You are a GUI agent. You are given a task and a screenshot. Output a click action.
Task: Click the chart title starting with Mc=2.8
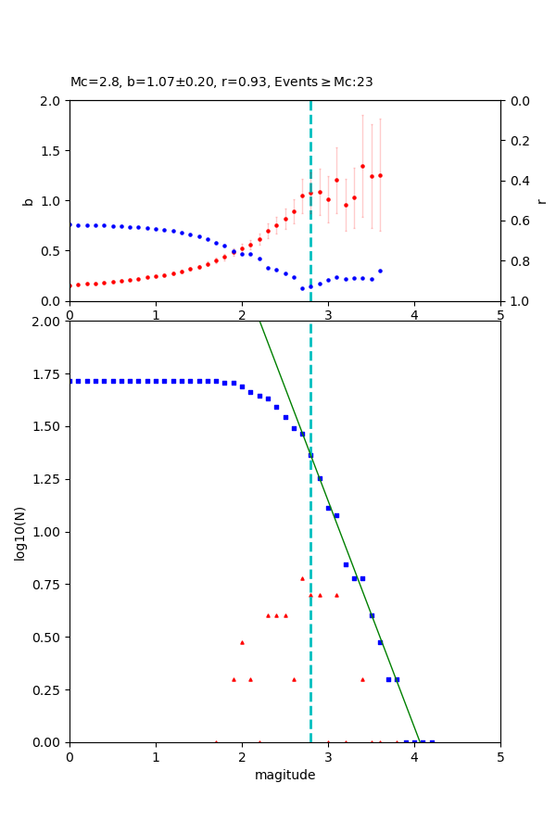221,82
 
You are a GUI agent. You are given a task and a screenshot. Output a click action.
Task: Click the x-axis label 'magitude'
284,775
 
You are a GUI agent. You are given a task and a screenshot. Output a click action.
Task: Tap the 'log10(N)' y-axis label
20,533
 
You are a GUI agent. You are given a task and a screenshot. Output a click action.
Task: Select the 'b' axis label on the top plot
28,200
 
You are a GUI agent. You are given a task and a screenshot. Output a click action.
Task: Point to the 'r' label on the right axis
541,200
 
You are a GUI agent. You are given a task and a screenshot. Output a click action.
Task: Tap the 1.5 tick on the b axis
54,150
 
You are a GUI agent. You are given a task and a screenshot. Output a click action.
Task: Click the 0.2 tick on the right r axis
519,141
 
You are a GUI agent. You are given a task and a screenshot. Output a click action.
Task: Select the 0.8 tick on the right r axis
519,261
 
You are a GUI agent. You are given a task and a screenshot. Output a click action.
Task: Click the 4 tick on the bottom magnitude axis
414,757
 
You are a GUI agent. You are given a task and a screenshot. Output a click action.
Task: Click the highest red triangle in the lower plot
302,578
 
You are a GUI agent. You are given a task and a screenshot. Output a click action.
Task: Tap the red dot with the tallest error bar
362,166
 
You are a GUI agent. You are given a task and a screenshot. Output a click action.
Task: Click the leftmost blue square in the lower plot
70,381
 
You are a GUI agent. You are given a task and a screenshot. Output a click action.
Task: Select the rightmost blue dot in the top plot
380,271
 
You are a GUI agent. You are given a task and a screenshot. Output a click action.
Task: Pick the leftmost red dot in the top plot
70,285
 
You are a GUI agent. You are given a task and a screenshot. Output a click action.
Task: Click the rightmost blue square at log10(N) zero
432,742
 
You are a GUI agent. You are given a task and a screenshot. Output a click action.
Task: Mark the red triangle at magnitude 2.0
242,642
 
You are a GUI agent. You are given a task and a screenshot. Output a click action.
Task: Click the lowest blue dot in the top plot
302,288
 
